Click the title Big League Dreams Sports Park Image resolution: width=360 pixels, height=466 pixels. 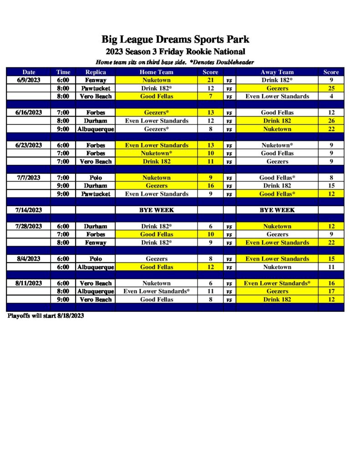tap(175, 40)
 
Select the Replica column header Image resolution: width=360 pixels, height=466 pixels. tap(96, 72)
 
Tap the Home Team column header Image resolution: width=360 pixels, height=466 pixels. tap(156, 72)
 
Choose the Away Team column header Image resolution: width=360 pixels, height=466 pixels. tap(277, 72)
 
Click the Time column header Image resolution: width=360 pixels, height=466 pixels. tap(63, 72)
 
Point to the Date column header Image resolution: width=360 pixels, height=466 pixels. tap(29, 72)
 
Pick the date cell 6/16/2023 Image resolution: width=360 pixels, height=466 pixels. tap(29, 112)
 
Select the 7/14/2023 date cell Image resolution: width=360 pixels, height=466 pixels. tap(29, 210)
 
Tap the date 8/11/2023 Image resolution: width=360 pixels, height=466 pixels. tap(29, 283)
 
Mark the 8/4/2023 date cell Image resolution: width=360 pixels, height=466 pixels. tap(29, 258)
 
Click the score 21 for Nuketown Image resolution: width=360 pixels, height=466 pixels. tap(210, 80)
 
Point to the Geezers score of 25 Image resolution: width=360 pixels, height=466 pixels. tap(331, 88)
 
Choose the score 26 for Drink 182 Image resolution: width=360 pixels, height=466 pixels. tap(331, 121)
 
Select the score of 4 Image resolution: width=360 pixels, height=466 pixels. tap(331, 96)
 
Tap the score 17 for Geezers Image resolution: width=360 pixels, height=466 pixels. tap(331, 291)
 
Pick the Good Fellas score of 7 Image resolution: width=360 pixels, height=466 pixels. tap(210, 96)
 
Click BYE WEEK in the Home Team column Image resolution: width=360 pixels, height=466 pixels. tap(156, 210)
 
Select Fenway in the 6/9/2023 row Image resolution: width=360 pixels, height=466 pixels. tap(96, 80)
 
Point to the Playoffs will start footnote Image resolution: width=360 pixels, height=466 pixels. tap(46, 315)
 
